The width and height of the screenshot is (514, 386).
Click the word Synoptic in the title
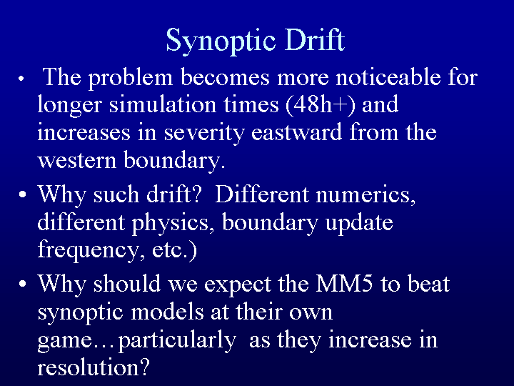pyautogui.click(x=221, y=40)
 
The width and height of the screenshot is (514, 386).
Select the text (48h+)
pyautogui.click(x=321, y=104)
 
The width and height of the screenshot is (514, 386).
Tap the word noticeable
pyautogui.click(x=388, y=77)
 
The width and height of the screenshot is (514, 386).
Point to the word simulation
pyautogui.click(x=163, y=104)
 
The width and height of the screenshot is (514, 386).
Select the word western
pyautogui.click(x=77, y=161)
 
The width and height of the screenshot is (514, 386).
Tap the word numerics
pyautogui.click(x=366, y=194)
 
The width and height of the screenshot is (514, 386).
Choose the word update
pyautogui.click(x=359, y=223)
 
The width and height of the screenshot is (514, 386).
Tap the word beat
pyautogui.click(x=428, y=283)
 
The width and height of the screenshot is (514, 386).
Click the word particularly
pyautogui.click(x=177, y=341)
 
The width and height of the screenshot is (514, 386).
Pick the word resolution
pyautogui.click(x=94, y=367)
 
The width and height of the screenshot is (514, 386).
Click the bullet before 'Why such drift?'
pyautogui.click(x=22, y=194)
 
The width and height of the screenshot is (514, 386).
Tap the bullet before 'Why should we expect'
pyautogui.click(x=22, y=284)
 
